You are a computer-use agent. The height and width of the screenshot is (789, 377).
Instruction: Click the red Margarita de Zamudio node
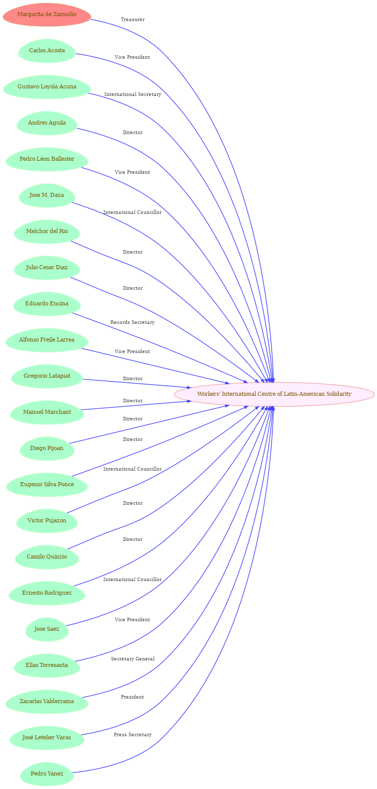pyautogui.click(x=47, y=15)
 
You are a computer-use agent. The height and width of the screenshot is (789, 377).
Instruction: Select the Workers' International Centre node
pyautogui.click(x=274, y=394)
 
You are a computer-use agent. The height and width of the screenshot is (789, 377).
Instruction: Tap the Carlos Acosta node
pyautogui.click(x=47, y=51)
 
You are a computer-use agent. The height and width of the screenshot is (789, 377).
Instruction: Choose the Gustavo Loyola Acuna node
pyautogui.click(x=47, y=87)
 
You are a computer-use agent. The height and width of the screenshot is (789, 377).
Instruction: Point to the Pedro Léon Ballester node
pyautogui.click(x=47, y=159)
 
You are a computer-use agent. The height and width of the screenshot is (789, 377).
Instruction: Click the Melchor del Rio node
pyautogui.click(x=47, y=232)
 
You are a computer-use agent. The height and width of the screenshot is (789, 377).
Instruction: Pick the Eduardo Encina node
pyautogui.click(x=47, y=304)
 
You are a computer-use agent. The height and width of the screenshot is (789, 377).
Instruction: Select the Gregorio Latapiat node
pyautogui.click(x=47, y=376)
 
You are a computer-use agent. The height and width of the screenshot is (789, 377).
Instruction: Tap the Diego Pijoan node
pyautogui.click(x=47, y=448)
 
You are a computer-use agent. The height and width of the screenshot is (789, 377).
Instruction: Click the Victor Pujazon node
pyautogui.click(x=47, y=521)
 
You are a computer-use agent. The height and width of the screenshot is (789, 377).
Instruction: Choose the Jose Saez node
pyautogui.click(x=47, y=629)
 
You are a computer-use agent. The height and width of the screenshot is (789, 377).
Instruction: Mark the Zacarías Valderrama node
pyautogui.click(x=47, y=702)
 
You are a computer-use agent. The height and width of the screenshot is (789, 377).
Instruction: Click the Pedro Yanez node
pyautogui.click(x=47, y=774)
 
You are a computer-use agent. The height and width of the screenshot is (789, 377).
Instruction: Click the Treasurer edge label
pyautogui.click(x=133, y=20)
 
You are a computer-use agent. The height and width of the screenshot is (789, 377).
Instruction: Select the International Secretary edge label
pyautogui.click(x=133, y=94)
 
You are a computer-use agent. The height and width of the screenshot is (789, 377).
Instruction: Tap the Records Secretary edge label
pyautogui.click(x=133, y=322)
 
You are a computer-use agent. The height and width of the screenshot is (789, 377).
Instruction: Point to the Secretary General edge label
pyautogui.click(x=133, y=659)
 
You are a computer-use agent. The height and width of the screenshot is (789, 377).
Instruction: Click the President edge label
pyautogui.click(x=133, y=697)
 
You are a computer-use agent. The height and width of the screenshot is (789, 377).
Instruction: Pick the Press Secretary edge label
pyautogui.click(x=133, y=735)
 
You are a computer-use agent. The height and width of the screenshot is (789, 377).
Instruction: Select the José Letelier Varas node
pyautogui.click(x=47, y=738)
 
